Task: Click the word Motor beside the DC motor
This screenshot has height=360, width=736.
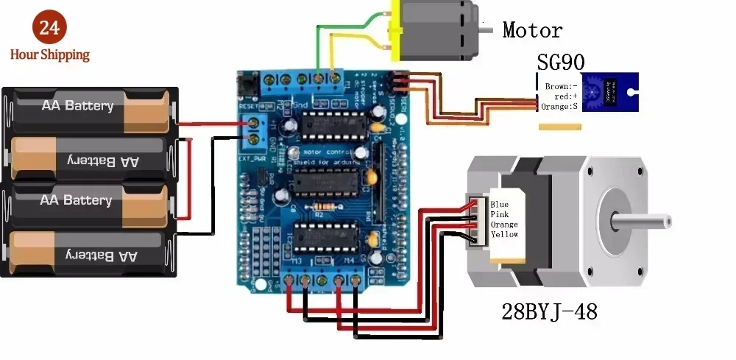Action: (531, 30)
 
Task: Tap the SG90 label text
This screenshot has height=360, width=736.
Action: (561, 61)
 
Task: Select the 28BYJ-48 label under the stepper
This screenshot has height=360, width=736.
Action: (549, 311)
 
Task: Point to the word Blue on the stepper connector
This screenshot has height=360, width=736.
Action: (500, 205)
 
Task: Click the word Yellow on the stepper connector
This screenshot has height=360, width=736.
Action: (504, 234)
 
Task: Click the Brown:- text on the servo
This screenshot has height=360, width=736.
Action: (559, 86)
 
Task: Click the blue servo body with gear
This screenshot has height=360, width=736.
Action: (609, 92)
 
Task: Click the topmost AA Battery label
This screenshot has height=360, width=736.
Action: (77, 106)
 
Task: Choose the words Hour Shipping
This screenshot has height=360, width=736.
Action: (49, 54)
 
